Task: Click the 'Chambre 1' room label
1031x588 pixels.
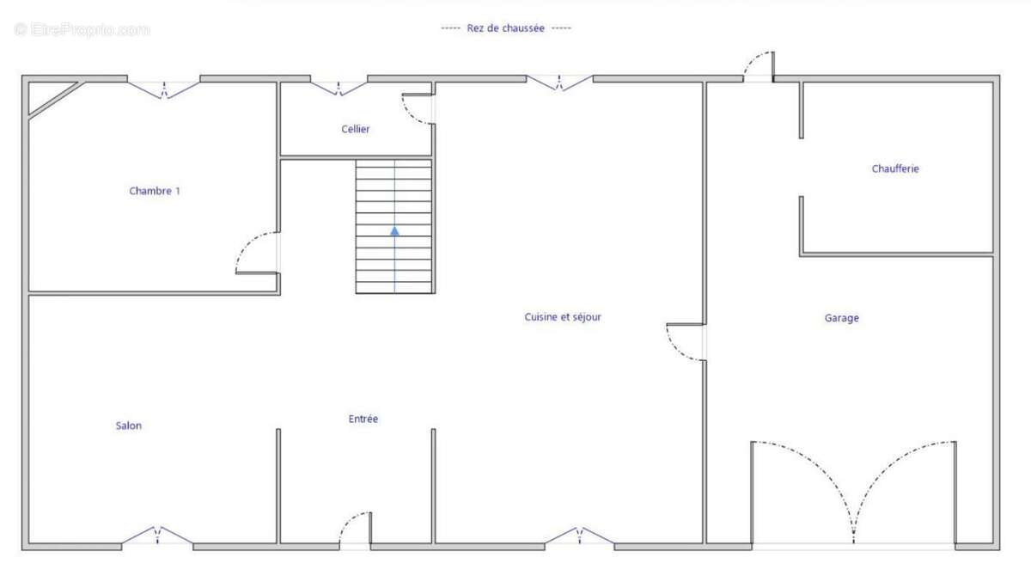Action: click(x=155, y=191)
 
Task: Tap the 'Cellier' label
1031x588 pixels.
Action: click(x=356, y=130)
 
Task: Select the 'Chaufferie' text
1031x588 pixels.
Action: click(x=895, y=169)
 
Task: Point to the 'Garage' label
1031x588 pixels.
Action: click(x=841, y=318)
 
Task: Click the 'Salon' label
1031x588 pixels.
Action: click(x=128, y=426)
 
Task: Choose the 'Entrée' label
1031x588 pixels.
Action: click(x=363, y=419)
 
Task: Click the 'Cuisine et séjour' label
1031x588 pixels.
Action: click(x=563, y=317)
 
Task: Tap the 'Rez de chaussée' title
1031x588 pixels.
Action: click(x=505, y=28)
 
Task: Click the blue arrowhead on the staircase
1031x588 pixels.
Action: click(x=394, y=230)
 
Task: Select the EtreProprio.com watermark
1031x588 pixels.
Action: click(x=82, y=30)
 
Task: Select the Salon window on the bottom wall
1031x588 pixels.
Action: click(x=157, y=536)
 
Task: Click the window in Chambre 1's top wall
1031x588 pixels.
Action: click(x=164, y=88)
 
